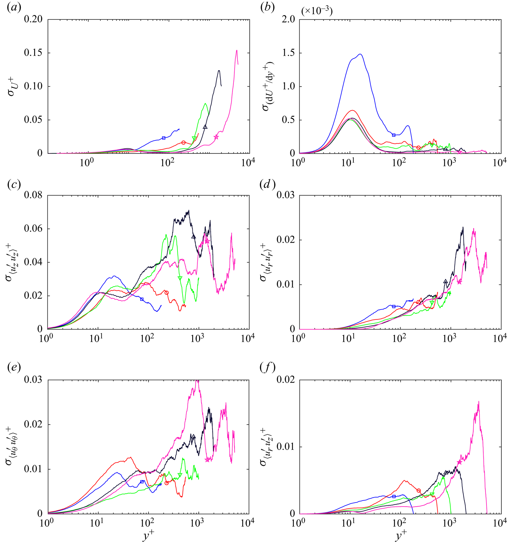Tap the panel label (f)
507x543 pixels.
coord(267,368)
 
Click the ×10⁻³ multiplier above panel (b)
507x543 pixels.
coord(317,11)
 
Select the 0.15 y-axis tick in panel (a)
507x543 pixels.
coord(33,53)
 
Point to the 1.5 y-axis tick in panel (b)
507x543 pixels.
coord(287,53)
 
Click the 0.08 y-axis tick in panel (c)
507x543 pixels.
coord(33,195)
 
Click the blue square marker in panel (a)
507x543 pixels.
coord(164,138)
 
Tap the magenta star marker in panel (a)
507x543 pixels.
coord(216,137)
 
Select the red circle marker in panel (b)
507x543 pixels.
coord(418,148)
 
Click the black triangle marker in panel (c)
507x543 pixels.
coord(193,237)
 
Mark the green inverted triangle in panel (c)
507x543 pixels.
coord(180,278)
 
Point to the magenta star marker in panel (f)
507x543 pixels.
coord(459,462)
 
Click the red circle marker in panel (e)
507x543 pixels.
coord(167,483)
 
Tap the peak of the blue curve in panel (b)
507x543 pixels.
coord(360,54)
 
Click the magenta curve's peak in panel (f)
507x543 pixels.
coord(478,402)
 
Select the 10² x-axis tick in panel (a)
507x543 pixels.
coord(167,163)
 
